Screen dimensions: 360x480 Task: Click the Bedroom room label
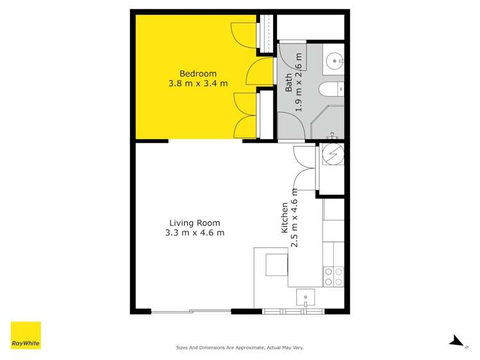(x=197, y=73)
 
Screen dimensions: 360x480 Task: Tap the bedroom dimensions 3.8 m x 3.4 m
(x=197, y=83)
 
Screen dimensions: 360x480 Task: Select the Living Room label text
(x=194, y=223)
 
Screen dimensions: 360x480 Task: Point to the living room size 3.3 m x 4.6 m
(x=194, y=233)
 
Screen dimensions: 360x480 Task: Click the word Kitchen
(x=285, y=218)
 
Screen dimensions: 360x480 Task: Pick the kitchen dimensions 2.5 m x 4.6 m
(x=295, y=218)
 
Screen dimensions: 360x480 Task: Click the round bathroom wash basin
(x=334, y=61)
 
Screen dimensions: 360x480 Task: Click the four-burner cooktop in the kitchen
(x=333, y=276)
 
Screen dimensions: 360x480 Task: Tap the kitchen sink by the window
(x=306, y=297)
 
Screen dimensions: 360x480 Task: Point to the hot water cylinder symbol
(x=333, y=156)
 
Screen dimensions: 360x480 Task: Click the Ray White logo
(x=26, y=335)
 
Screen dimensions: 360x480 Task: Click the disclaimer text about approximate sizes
(x=240, y=348)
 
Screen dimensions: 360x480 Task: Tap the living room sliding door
(x=191, y=311)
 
